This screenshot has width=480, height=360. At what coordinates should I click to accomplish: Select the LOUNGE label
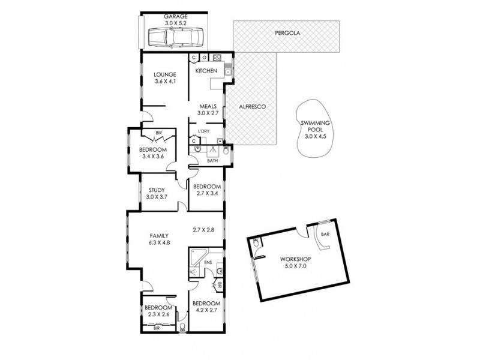coord(164,74)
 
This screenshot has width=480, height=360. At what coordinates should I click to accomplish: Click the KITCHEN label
coord(205,71)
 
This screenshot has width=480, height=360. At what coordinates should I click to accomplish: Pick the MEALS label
coord(208,106)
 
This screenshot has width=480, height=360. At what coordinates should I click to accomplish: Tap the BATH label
coord(212,160)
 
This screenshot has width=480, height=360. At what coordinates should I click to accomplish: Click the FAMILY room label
coord(159,236)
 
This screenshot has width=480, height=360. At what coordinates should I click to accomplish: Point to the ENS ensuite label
coord(208,263)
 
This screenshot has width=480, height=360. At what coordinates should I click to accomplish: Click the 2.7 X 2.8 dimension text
coord(203,229)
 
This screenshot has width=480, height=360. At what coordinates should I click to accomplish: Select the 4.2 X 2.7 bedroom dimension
coord(206,311)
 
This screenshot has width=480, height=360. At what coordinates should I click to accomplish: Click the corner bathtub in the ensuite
coord(196,259)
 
